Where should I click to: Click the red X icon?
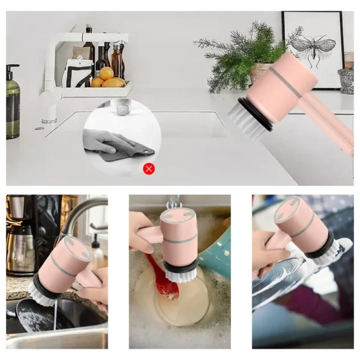pos(149,169)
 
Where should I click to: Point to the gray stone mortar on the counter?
pos(346,80)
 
